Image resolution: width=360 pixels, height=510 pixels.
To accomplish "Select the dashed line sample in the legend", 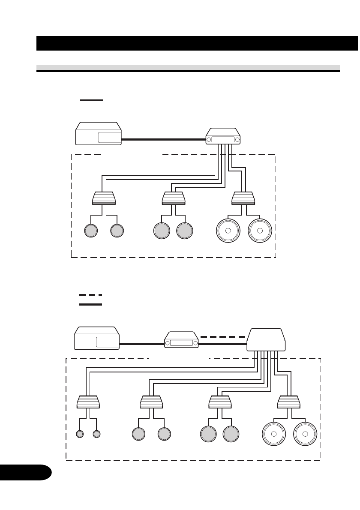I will [x=90, y=295].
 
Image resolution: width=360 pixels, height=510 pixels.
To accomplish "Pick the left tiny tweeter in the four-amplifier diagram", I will [x=79, y=434].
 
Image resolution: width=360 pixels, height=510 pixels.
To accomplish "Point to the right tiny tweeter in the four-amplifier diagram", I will [x=96, y=434].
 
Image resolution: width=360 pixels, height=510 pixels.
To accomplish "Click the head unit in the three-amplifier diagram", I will [x=98, y=133].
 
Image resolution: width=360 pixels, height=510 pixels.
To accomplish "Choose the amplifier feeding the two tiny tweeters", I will [x=88, y=402].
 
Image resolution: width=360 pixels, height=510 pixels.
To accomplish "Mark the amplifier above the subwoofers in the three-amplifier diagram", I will [x=243, y=198].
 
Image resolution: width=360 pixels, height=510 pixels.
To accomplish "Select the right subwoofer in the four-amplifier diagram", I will [x=305, y=434].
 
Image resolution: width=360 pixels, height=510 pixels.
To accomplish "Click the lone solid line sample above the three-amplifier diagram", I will [x=91, y=100].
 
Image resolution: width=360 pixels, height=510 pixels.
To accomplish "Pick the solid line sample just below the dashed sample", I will [x=90, y=304].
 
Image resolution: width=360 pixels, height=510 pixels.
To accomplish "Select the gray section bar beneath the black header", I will [x=188, y=68].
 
